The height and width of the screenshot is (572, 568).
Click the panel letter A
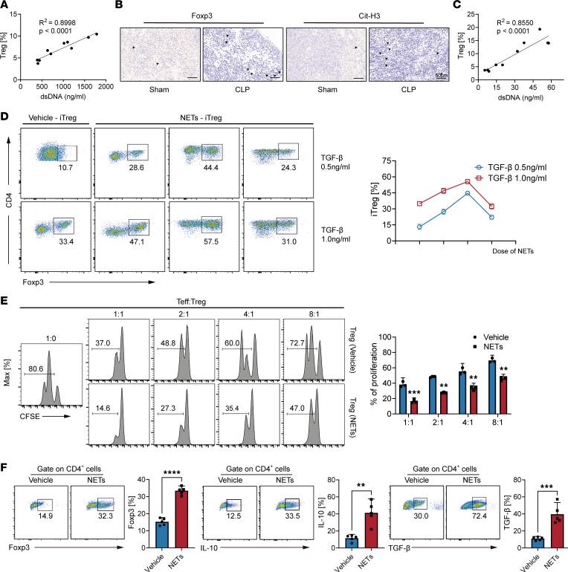click(5, 6)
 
